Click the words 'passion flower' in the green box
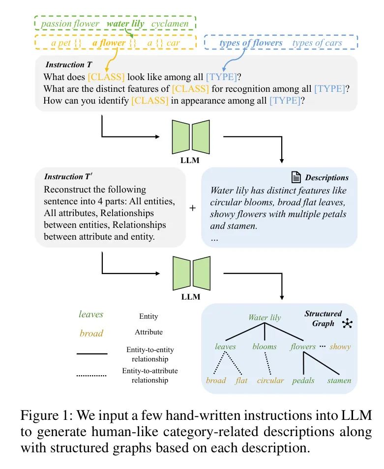70,24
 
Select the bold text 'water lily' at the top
125,24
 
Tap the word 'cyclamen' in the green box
170,24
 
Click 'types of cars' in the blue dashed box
317,43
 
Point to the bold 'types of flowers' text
251,43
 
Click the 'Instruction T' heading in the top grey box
69,65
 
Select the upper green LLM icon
191,137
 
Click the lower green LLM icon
191,274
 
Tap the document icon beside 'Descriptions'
296,177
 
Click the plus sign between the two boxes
193,208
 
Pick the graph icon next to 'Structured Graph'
348,323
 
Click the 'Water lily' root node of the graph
265,318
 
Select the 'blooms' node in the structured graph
265,346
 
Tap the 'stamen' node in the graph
339,381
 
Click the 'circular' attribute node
270,381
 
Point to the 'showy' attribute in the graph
340,347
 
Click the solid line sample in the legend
92,354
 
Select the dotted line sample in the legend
91,376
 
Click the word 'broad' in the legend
91,333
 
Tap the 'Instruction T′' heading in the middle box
68,176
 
